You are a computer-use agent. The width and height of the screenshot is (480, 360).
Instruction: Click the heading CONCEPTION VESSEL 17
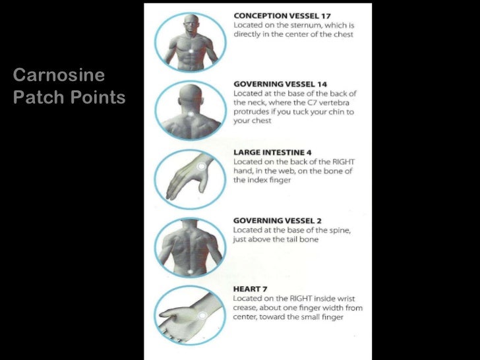[x=282, y=15]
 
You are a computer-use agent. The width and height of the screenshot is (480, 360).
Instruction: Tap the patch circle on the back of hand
[x=201, y=167]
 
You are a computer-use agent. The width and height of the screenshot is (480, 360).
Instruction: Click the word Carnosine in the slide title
[x=59, y=76]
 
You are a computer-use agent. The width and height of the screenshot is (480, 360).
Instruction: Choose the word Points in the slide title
[x=100, y=98]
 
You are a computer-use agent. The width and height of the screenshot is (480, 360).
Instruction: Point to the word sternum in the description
[x=297, y=25]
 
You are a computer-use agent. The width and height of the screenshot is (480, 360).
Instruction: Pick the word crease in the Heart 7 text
[x=247, y=308]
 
